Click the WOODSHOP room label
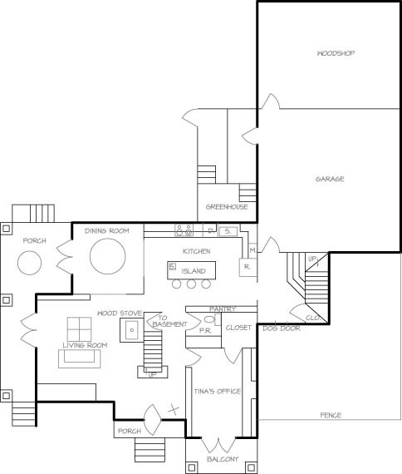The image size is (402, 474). tap(336, 53)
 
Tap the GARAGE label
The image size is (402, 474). tap(330, 179)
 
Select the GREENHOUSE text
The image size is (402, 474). tap(227, 207)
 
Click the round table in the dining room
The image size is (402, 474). tap(107, 256)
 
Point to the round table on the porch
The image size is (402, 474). tap(29, 263)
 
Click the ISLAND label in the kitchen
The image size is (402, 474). tap(194, 271)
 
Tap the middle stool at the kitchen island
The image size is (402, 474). tap(191, 284)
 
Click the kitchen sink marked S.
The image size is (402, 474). tap(228, 231)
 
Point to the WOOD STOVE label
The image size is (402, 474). tap(120, 314)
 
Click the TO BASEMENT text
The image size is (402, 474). tap(169, 321)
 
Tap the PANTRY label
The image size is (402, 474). tap(223, 309)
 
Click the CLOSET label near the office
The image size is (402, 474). tap(238, 328)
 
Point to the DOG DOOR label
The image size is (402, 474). tap(282, 328)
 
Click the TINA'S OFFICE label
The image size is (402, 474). tap(218, 392)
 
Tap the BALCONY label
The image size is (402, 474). tap(223, 459)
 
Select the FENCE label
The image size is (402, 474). tap(331, 415)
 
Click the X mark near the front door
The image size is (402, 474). tap(174, 410)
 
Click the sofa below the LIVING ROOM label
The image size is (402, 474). tap(80, 358)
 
